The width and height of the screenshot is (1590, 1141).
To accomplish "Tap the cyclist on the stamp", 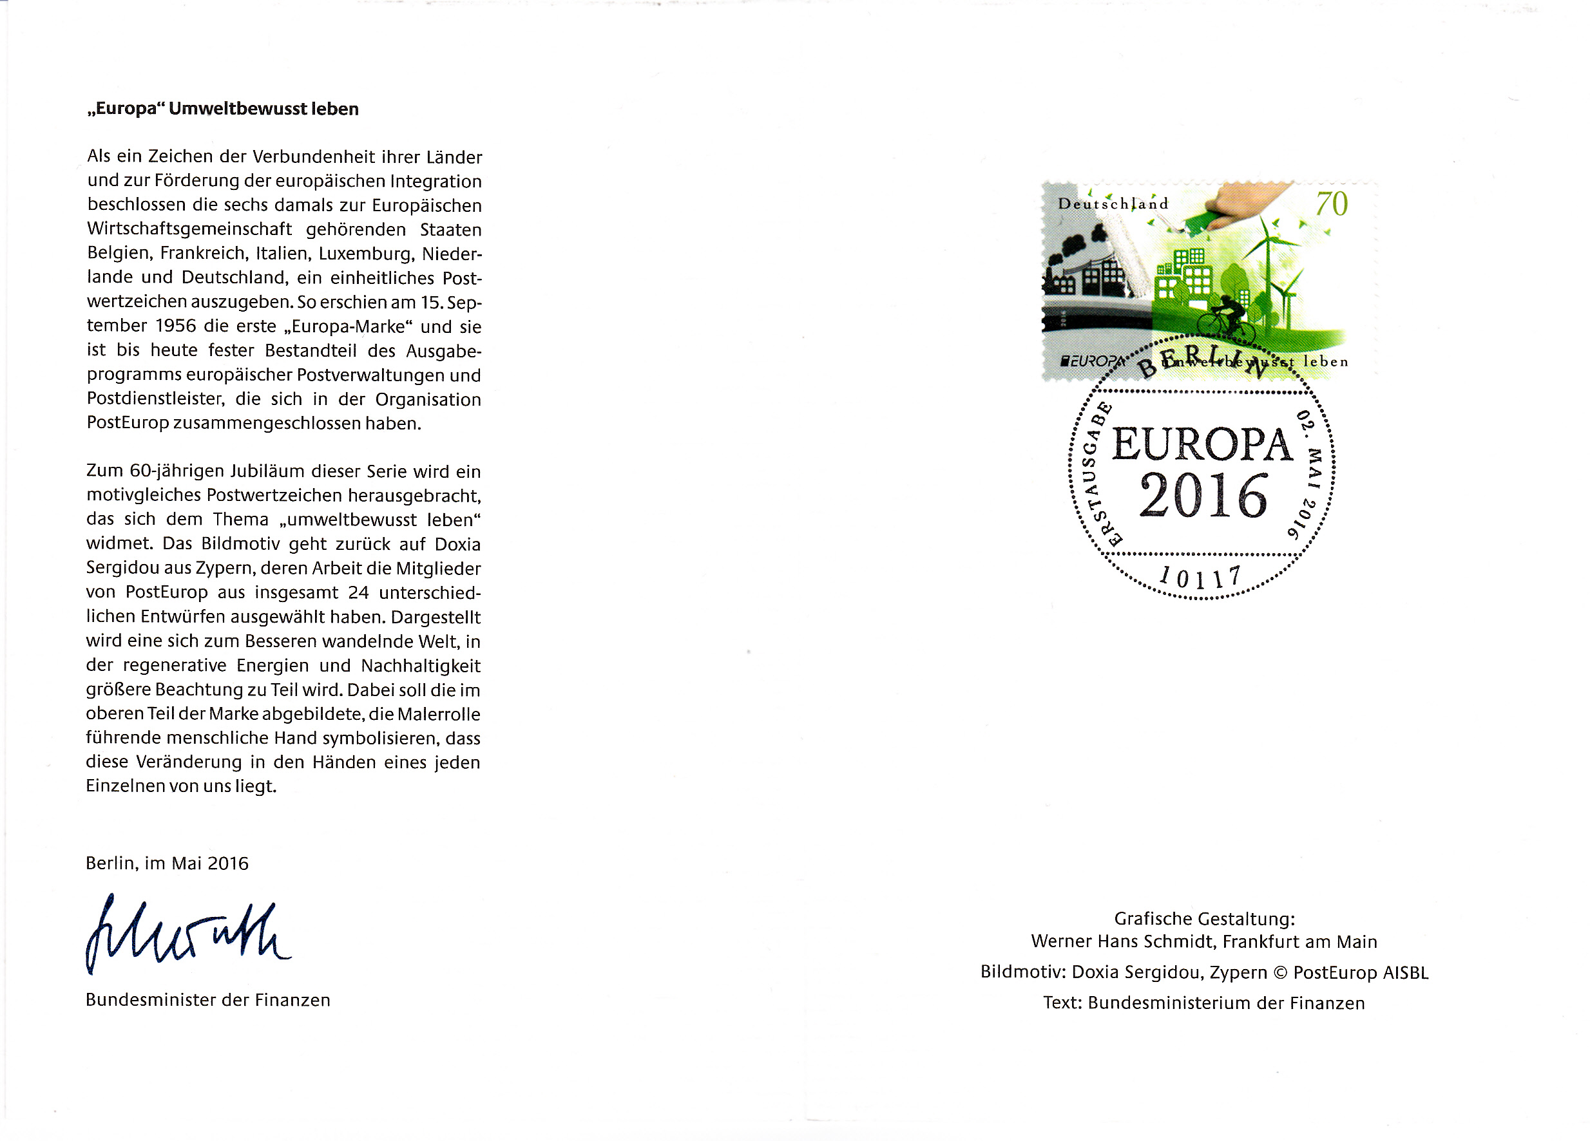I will click(x=1225, y=319).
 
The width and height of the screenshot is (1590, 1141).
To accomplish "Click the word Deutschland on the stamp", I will click(x=1113, y=204).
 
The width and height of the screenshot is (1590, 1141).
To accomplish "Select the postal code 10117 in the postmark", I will click(x=1200, y=578).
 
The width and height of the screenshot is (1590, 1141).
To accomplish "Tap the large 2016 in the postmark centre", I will click(x=1203, y=496).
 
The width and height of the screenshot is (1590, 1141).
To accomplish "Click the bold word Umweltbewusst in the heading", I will click(x=238, y=109).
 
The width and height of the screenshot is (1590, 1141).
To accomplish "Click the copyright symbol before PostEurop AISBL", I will click(x=1280, y=973).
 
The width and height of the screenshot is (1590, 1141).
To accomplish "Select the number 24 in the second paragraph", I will click(x=358, y=593).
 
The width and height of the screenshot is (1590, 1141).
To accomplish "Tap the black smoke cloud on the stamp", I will click(x=1076, y=246).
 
